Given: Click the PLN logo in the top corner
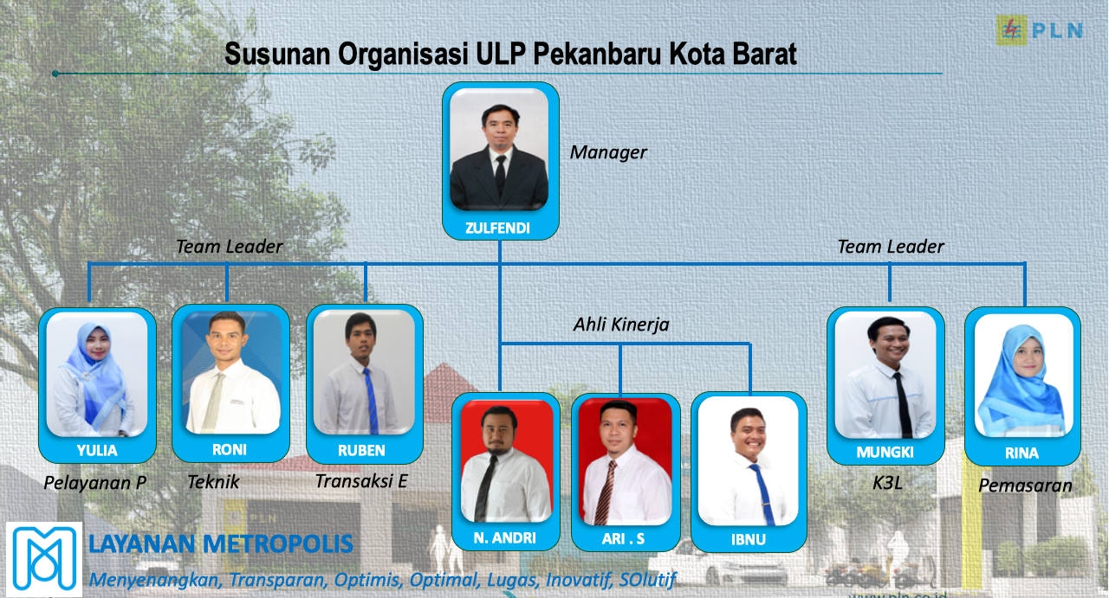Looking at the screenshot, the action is (x=1039, y=30).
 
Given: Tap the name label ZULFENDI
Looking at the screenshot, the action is (x=497, y=228).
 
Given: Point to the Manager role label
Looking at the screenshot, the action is (x=608, y=152).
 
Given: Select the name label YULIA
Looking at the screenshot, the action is (x=97, y=451).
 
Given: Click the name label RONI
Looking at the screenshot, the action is (x=230, y=450).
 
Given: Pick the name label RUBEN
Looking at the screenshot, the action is (x=361, y=451).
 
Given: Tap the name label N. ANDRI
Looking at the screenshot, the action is (x=504, y=537).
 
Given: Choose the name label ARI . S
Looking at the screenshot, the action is (x=623, y=538).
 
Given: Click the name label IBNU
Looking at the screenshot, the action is (x=748, y=540).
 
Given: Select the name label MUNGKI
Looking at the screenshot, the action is (x=885, y=452).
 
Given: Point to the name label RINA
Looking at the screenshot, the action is (x=1021, y=453).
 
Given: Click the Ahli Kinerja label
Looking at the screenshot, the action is (x=621, y=325).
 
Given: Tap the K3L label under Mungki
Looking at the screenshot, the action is (x=887, y=483).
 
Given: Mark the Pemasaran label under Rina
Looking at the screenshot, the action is (x=1025, y=485).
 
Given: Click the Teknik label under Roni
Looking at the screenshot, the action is (x=213, y=482).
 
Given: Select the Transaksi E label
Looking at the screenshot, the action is (x=361, y=481).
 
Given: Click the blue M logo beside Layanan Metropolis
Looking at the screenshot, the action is (x=44, y=559).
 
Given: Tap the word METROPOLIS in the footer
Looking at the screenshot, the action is (x=278, y=543).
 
